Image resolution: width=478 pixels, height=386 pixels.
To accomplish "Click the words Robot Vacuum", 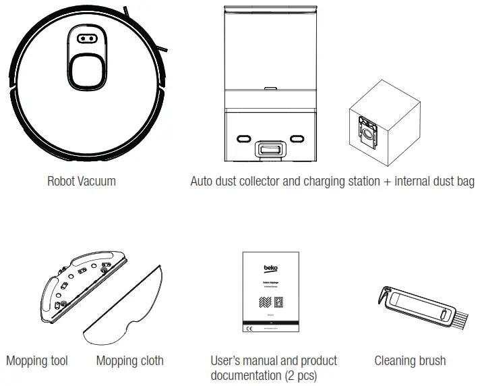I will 81,181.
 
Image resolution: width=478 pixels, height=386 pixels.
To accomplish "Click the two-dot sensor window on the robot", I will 85,38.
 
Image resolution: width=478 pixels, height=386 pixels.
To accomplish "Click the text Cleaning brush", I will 410,361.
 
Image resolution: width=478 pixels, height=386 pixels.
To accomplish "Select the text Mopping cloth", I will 129,361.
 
